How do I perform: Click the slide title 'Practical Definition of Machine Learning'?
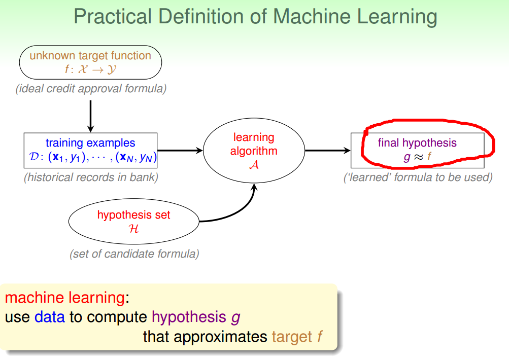[255, 16]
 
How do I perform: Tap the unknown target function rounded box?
[90, 62]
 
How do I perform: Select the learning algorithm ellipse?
[254, 151]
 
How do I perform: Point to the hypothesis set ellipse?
[134, 222]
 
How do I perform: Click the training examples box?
[90, 151]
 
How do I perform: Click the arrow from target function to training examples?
[90, 116]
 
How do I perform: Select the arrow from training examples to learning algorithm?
[180, 150]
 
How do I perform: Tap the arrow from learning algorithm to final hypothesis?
[327, 150]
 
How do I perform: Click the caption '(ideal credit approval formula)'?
[91, 89]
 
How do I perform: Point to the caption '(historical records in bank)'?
[91, 177]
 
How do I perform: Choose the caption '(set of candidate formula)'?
[134, 254]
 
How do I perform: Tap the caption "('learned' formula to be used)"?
[418, 177]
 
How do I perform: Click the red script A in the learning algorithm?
[254, 164]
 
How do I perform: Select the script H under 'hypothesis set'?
[134, 228]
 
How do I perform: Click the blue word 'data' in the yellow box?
[50, 317]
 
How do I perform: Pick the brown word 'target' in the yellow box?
[292, 336]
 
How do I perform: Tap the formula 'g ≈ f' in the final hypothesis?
[417, 157]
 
